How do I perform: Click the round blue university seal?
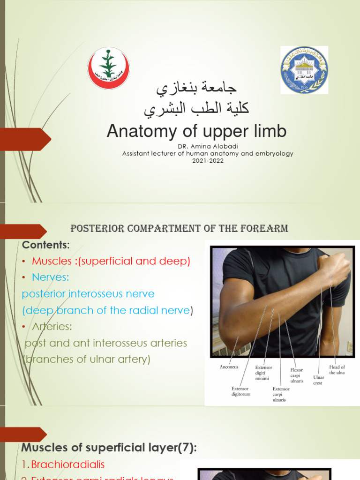click(304, 69)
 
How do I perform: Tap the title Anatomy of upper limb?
click(196, 131)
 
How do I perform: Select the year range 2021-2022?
click(208, 160)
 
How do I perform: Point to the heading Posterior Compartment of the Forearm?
click(179, 229)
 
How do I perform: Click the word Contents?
click(45, 245)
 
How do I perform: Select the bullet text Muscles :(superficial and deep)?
click(111, 262)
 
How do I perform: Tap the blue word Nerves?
click(50, 277)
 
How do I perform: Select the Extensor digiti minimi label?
click(263, 373)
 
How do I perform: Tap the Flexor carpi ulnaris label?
click(297, 375)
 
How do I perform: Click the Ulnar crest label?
click(318, 380)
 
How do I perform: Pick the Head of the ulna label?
click(337, 370)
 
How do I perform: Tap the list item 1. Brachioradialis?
click(63, 465)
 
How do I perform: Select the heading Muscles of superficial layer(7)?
click(109, 448)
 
